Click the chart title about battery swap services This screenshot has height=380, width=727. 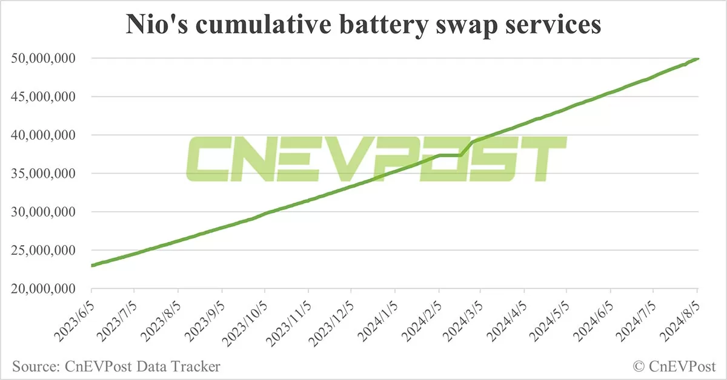(x=363, y=25)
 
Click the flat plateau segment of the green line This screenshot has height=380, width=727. (x=450, y=156)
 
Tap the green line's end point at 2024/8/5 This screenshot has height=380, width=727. (x=698, y=59)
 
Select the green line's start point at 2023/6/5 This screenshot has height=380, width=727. (x=91, y=266)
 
